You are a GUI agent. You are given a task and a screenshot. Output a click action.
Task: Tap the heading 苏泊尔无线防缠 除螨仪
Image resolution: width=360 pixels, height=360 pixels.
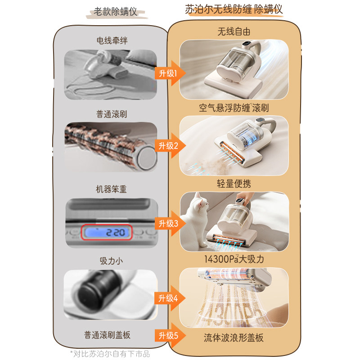click(234, 9)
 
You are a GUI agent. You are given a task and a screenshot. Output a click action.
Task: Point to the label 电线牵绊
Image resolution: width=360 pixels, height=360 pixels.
click(112, 40)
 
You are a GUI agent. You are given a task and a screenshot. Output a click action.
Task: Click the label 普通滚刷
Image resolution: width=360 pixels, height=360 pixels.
click(112, 114)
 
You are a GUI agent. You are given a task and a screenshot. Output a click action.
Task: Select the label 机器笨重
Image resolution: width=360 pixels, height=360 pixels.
click(112, 189)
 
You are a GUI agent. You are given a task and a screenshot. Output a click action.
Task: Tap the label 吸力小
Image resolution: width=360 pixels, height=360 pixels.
click(111, 261)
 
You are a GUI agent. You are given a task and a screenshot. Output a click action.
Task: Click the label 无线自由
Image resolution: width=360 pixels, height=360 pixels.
click(234, 32)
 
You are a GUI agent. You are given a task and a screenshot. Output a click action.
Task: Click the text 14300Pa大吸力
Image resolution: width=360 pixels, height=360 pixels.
click(234, 260)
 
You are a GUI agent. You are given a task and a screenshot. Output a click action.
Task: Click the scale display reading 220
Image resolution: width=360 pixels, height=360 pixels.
click(107, 233)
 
